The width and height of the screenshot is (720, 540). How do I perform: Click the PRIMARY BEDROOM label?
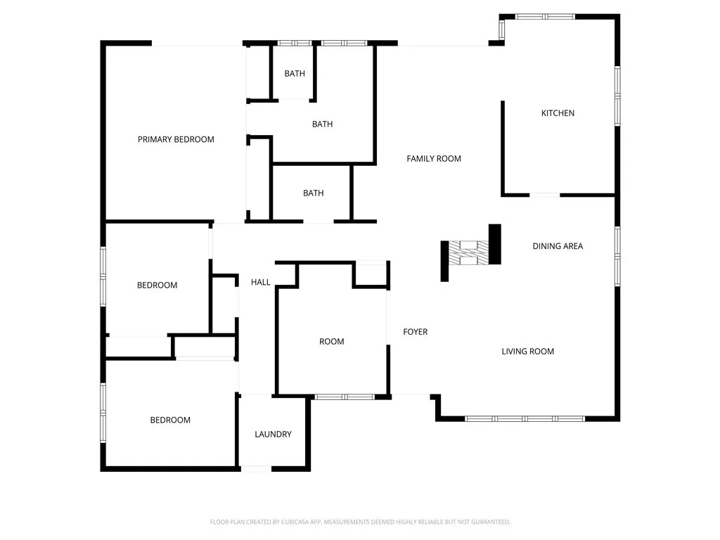click(x=176, y=139)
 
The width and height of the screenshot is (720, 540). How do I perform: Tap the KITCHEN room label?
click(x=558, y=113)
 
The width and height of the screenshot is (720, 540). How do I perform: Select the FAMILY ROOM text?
click(x=434, y=159)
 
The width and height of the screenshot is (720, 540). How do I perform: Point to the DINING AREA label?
click(x=558, y=246)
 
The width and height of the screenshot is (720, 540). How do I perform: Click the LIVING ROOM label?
click(x=527, y=352)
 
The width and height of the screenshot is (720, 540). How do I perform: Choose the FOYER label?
click(x=415, y=332)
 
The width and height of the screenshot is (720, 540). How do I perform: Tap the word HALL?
click(x=261, y=283)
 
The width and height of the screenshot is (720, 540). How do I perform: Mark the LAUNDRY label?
click(x=273, y=435)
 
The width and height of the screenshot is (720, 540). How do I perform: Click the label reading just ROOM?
click(x=332, y=342)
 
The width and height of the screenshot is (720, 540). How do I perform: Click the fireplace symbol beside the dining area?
click(x=470, y=253)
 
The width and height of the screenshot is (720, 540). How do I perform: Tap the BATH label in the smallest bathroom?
click(x=295, y=74)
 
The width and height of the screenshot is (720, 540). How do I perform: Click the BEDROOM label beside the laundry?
click(x=170, y=420)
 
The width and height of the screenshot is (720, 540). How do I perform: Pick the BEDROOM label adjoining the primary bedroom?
click(x=157, y=285)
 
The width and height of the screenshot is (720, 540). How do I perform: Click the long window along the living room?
click(x=525, y=418)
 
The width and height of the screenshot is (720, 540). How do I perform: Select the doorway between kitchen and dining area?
click(x=544, y=195)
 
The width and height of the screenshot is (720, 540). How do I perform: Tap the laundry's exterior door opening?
click(x=256, y=468)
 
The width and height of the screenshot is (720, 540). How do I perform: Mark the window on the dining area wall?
click(x=617, y=255)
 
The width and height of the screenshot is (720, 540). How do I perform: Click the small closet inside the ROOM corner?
click(x=371, y=274)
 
